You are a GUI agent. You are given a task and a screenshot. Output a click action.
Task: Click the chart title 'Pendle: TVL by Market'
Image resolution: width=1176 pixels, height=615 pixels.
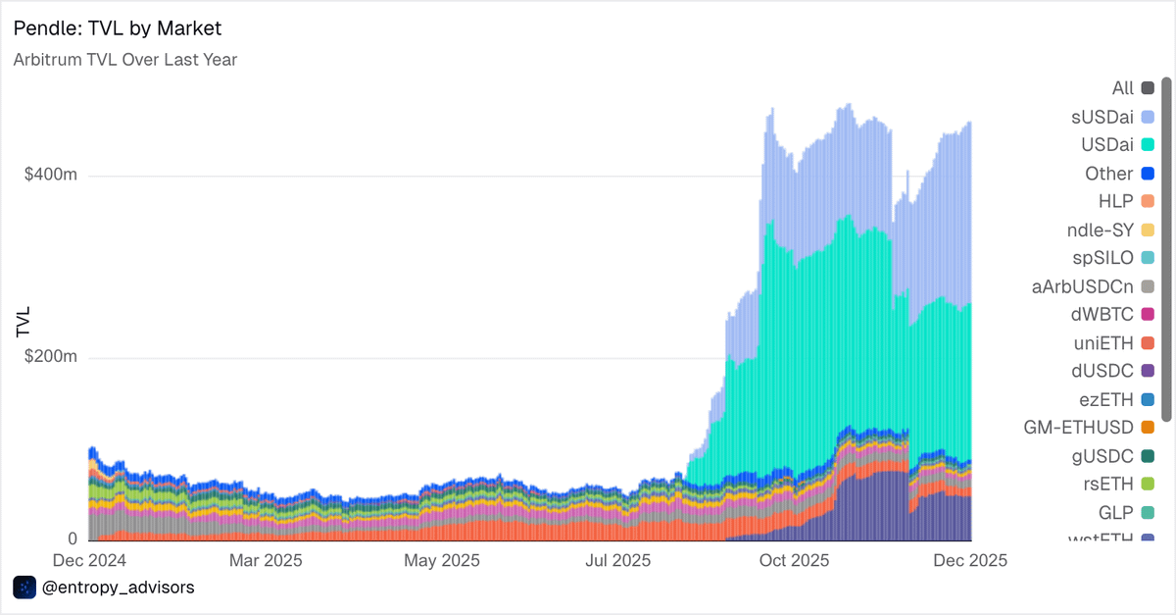pos(124,28)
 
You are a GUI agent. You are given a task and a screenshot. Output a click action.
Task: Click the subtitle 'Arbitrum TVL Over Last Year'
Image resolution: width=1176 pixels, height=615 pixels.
pos(125,60)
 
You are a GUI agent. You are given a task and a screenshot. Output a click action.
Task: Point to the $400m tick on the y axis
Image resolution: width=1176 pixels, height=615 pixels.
pos(51,177)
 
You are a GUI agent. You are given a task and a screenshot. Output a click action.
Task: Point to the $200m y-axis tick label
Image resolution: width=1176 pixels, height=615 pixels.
pos(51,358)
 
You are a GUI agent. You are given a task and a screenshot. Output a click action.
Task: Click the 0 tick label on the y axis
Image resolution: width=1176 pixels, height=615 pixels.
pos(72,539)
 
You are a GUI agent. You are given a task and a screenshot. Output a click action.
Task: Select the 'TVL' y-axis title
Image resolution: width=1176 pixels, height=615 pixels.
pos(24,323)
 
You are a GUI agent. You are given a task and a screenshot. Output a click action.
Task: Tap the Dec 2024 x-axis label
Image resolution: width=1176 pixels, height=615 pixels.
pos(87,561)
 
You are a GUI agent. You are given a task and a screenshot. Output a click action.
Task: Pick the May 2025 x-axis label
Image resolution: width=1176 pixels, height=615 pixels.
pos(441,561)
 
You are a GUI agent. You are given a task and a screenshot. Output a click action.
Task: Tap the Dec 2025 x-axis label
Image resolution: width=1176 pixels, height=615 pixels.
pos(969,561)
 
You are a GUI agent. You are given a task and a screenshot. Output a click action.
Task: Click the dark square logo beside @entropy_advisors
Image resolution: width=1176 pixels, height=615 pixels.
pos(24,588)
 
